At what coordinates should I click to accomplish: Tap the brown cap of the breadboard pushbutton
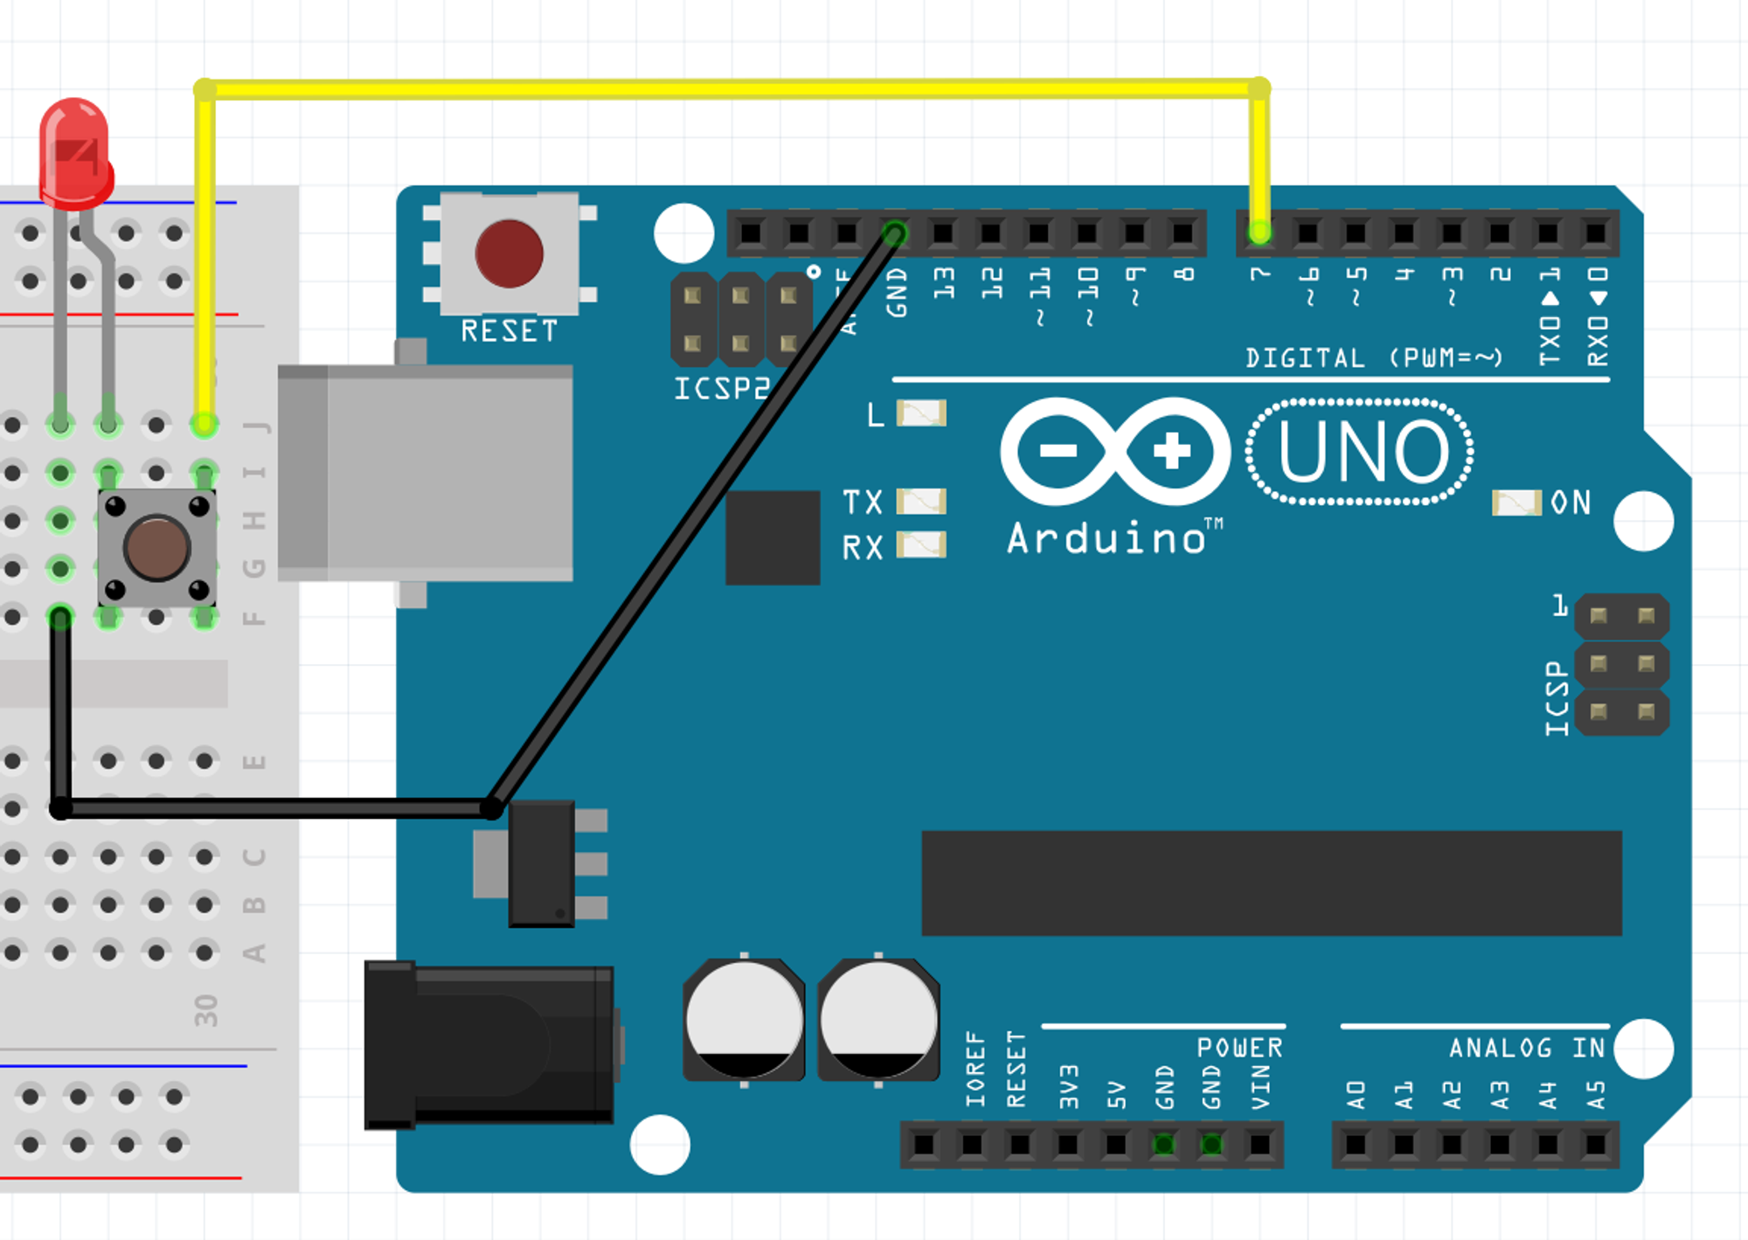[x=156, y=548]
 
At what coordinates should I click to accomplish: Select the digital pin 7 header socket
[x=1260, y=232]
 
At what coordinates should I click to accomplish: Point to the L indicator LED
[x=921, y=413]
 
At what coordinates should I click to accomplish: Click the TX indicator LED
[x=921, y=502]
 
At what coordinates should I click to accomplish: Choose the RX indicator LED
[x=921, y=546]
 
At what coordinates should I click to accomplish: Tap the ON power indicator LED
[x=1516, y=502]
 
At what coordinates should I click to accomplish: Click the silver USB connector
[x=426, y=473]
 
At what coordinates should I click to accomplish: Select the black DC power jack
[x=489, y=1044]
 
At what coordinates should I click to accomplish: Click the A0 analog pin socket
[x=1356, y=1144]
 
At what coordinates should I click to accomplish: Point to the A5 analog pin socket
[x=1595, y=1144]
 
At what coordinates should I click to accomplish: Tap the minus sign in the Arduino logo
[x=1058, y=451]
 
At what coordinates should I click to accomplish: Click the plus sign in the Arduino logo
[x=1171, y=451]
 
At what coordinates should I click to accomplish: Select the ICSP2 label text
[x=721, y=389]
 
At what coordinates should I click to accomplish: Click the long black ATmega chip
[x=1272, y=883]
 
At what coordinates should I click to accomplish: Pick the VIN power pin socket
[x=1259, y=1144]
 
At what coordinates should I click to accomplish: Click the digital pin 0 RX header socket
[x=1595, y=232]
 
